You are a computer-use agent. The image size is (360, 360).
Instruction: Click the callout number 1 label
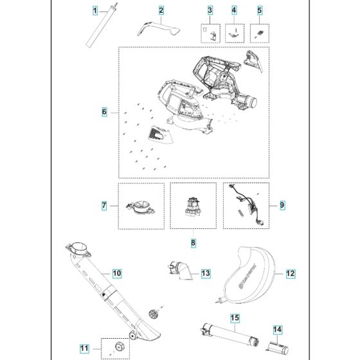click(x=94, y=11)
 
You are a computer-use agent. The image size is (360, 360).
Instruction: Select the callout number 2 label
click(x=161, y=11)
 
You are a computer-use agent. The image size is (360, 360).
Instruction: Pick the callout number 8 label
click(x=194, y=243)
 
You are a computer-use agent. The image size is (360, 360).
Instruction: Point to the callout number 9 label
click(x=282, y=205)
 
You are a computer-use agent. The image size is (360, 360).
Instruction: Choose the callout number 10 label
click(x=116, y=273)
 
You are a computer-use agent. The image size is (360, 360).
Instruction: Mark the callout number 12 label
click(x=290, y=273)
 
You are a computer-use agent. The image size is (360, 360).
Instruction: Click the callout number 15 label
click(x=235, y=318)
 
